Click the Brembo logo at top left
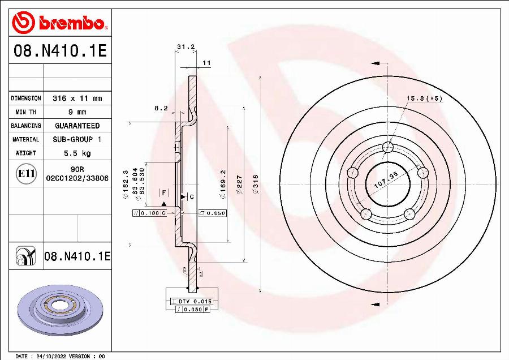click(x=59, y=23)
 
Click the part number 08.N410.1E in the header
click(x=59, y=52)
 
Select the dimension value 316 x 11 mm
click(x=77, y=98)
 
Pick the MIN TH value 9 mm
click(x=77, y=112)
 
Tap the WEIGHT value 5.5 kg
click(x=77, y=153)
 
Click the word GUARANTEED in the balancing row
click(x=77, y=126)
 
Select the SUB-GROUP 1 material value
click(x=77, y=139)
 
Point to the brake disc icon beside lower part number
click(x=25, y=256)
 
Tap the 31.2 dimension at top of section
click(x=183, y=47)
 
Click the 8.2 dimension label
click(x=161, y=108)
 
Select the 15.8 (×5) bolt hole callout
click(x=424, y=98)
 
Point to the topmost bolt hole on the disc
click(x=387, y=148)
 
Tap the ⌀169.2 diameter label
click(x=223, y=184)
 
